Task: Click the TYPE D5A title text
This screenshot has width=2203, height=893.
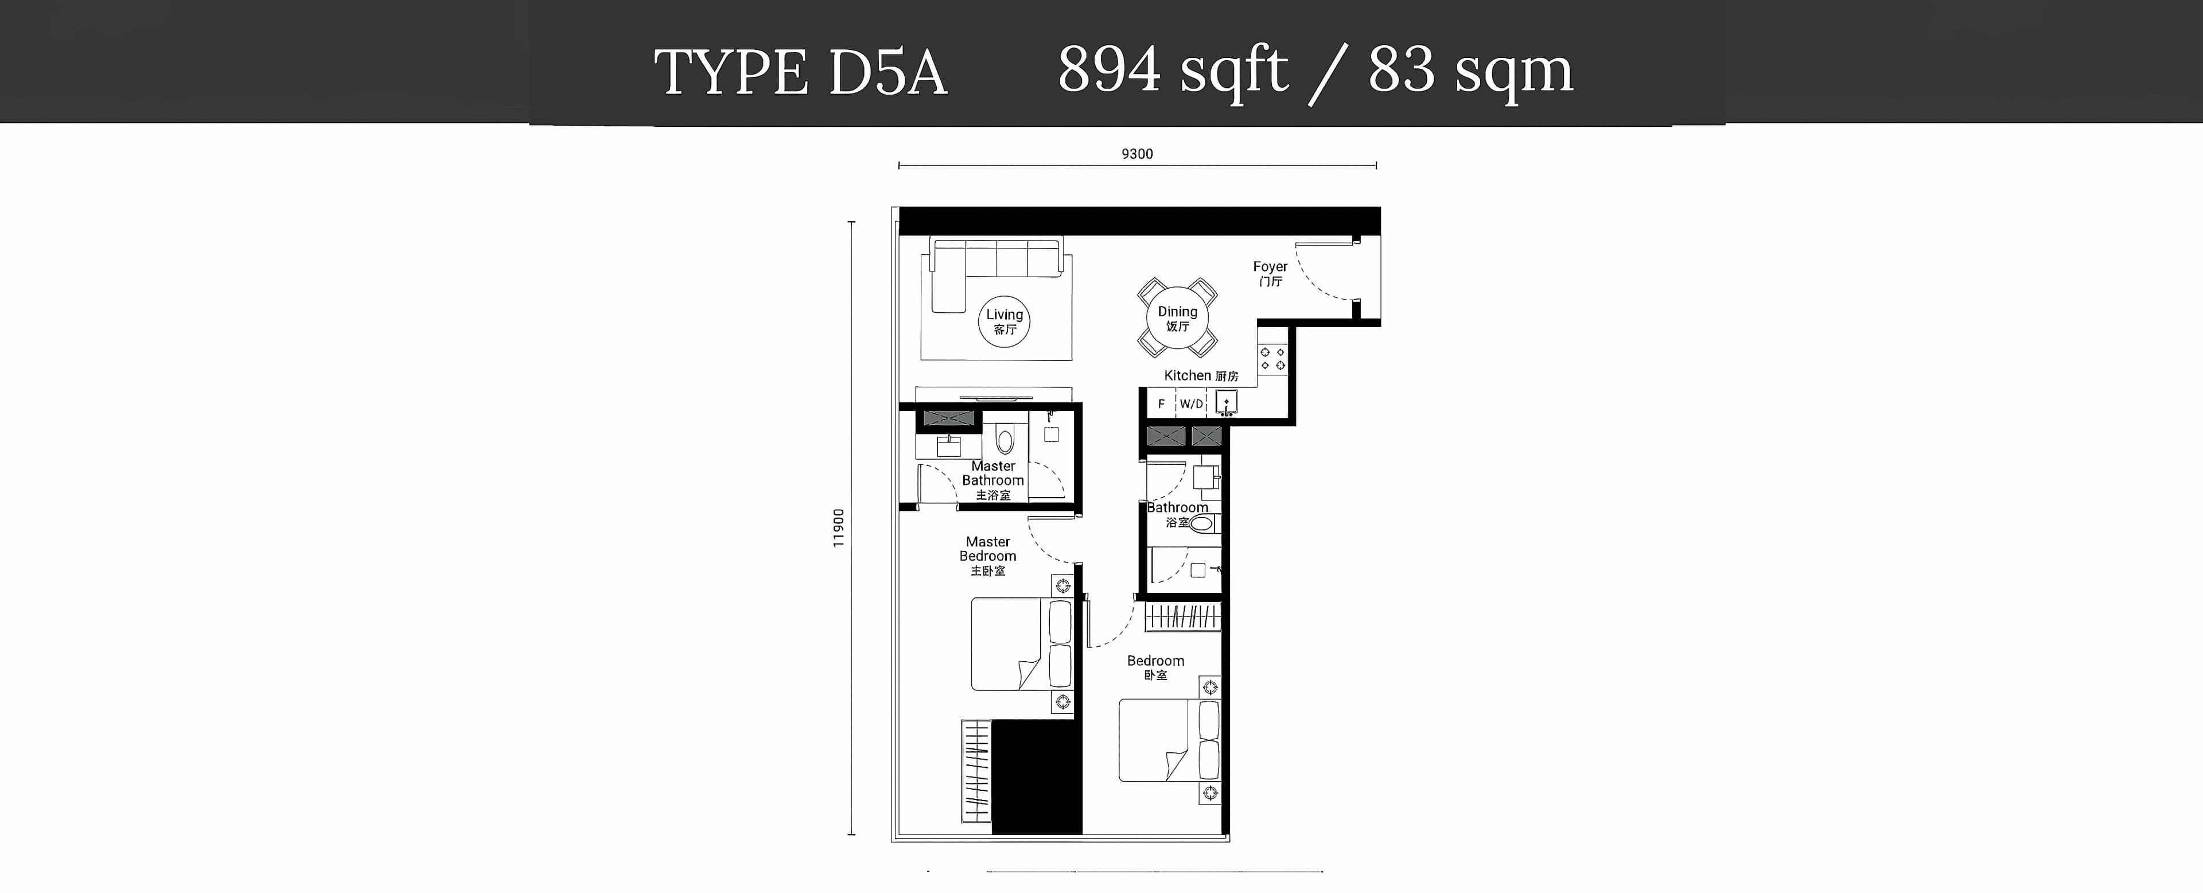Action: (x=800, y=72)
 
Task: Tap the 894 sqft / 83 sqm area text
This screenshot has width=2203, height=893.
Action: (x=1315, y=72)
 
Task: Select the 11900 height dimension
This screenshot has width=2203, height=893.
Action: (x=839, y=528)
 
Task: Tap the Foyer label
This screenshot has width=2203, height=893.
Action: (x=1270, y=273)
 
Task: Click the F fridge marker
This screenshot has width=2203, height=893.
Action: (x=1161, y=403)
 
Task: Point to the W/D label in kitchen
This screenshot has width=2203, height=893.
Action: (x=1192, y=403)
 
